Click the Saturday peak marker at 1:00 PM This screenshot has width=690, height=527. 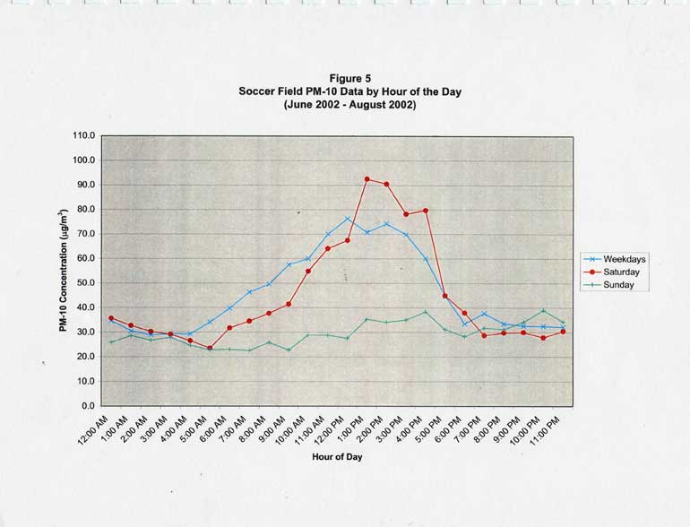(x=367, y=179)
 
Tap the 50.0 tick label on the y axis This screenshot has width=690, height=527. (x=84, y=283)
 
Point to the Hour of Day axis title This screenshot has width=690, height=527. (x=337, y=456)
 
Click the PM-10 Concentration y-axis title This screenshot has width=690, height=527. (x=65, y=271)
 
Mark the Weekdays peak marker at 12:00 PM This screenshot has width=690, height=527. (x=348, y=219)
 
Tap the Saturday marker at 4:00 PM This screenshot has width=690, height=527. (x=426, y=211)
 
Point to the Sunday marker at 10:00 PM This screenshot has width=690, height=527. (x=543, y=311)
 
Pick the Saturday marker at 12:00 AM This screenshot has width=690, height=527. (x=111, y=318)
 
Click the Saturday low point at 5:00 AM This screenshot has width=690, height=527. (x=210, y=348)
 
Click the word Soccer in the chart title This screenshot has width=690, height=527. (x=258, y=91)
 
